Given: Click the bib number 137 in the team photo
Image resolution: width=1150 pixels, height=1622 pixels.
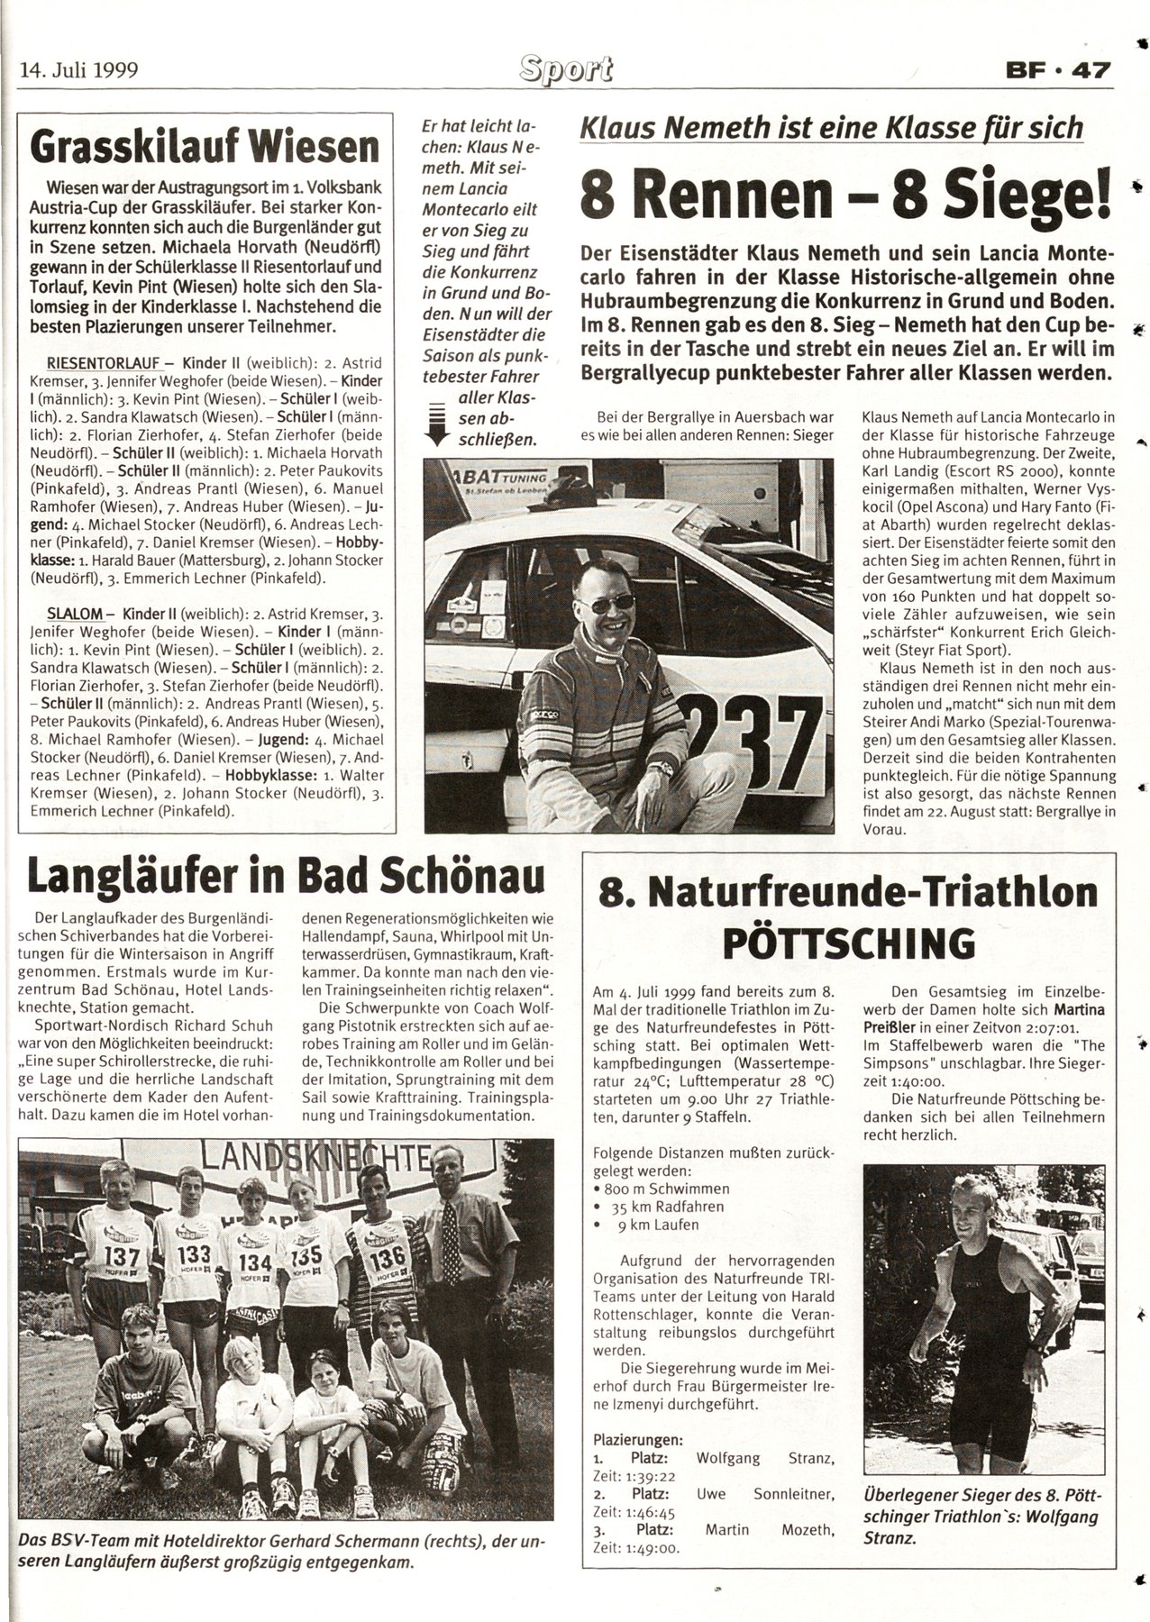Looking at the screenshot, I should pos(123,1254).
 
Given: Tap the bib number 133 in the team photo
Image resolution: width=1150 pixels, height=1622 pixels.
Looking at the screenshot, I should pos(194,1253).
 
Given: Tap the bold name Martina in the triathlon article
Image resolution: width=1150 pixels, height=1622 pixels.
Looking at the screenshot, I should pos(1077,1009).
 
